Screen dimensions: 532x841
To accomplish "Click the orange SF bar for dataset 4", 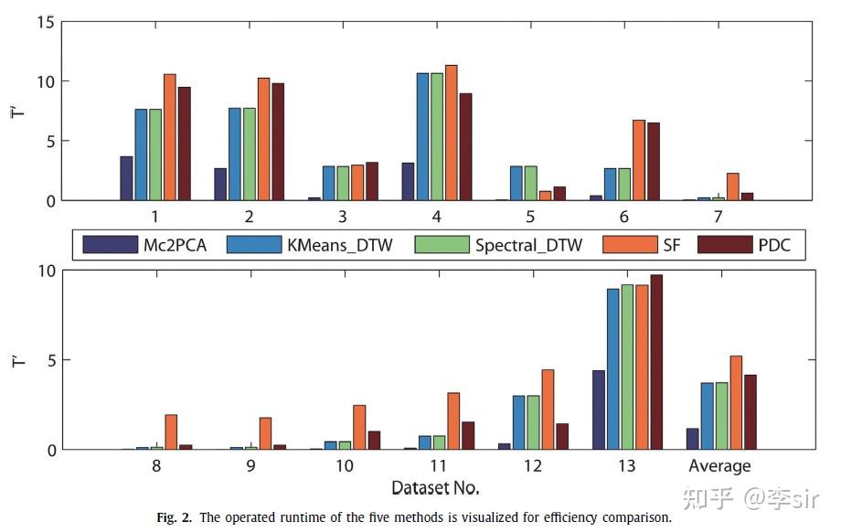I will (x=451, y=133).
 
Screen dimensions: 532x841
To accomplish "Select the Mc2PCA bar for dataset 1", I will (x=126, y=178).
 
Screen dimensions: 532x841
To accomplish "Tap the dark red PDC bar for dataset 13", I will (x=656, y=362).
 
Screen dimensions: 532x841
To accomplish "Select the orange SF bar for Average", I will (x=736, y=402).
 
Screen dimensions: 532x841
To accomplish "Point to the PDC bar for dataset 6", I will (x=653, y=161).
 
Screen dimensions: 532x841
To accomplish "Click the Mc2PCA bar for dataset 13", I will (x=599, y=410).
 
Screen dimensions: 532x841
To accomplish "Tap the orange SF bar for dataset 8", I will (x=170, y=431).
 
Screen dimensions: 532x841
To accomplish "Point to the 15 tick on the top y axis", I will (x=48, y=22).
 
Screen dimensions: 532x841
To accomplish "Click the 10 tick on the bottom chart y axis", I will (x=48, y=271).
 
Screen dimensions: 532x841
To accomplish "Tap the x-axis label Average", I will (x=719, y=466).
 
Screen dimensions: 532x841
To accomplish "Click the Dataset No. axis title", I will (x=435, y=487).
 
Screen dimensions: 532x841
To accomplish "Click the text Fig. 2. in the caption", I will (x=174, y=517).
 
